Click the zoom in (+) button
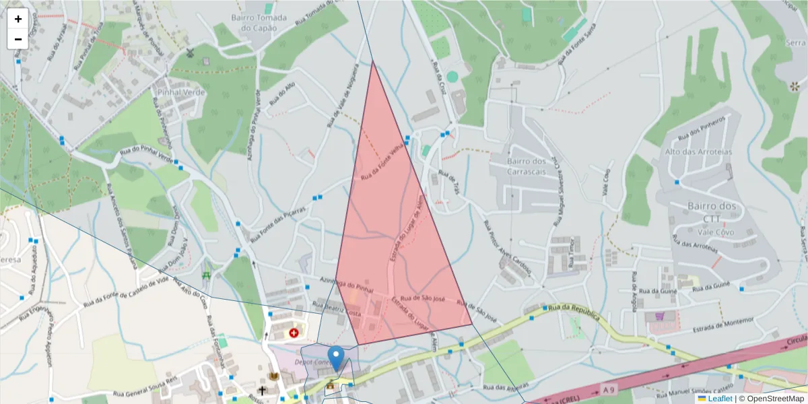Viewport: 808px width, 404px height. click(18, 19)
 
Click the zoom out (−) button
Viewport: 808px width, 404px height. click(18, 39)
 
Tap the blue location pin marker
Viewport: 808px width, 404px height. click(335, 358)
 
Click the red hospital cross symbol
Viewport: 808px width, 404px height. click(294, 333)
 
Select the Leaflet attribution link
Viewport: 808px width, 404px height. click(720, 399)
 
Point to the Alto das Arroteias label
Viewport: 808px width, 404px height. click(698, 152)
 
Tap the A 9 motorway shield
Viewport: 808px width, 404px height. click(609, 389)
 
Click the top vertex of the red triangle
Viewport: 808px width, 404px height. click(372, 61)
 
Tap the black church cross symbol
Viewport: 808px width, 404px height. click(262, 390)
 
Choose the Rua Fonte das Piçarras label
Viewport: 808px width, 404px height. click(277, 225)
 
